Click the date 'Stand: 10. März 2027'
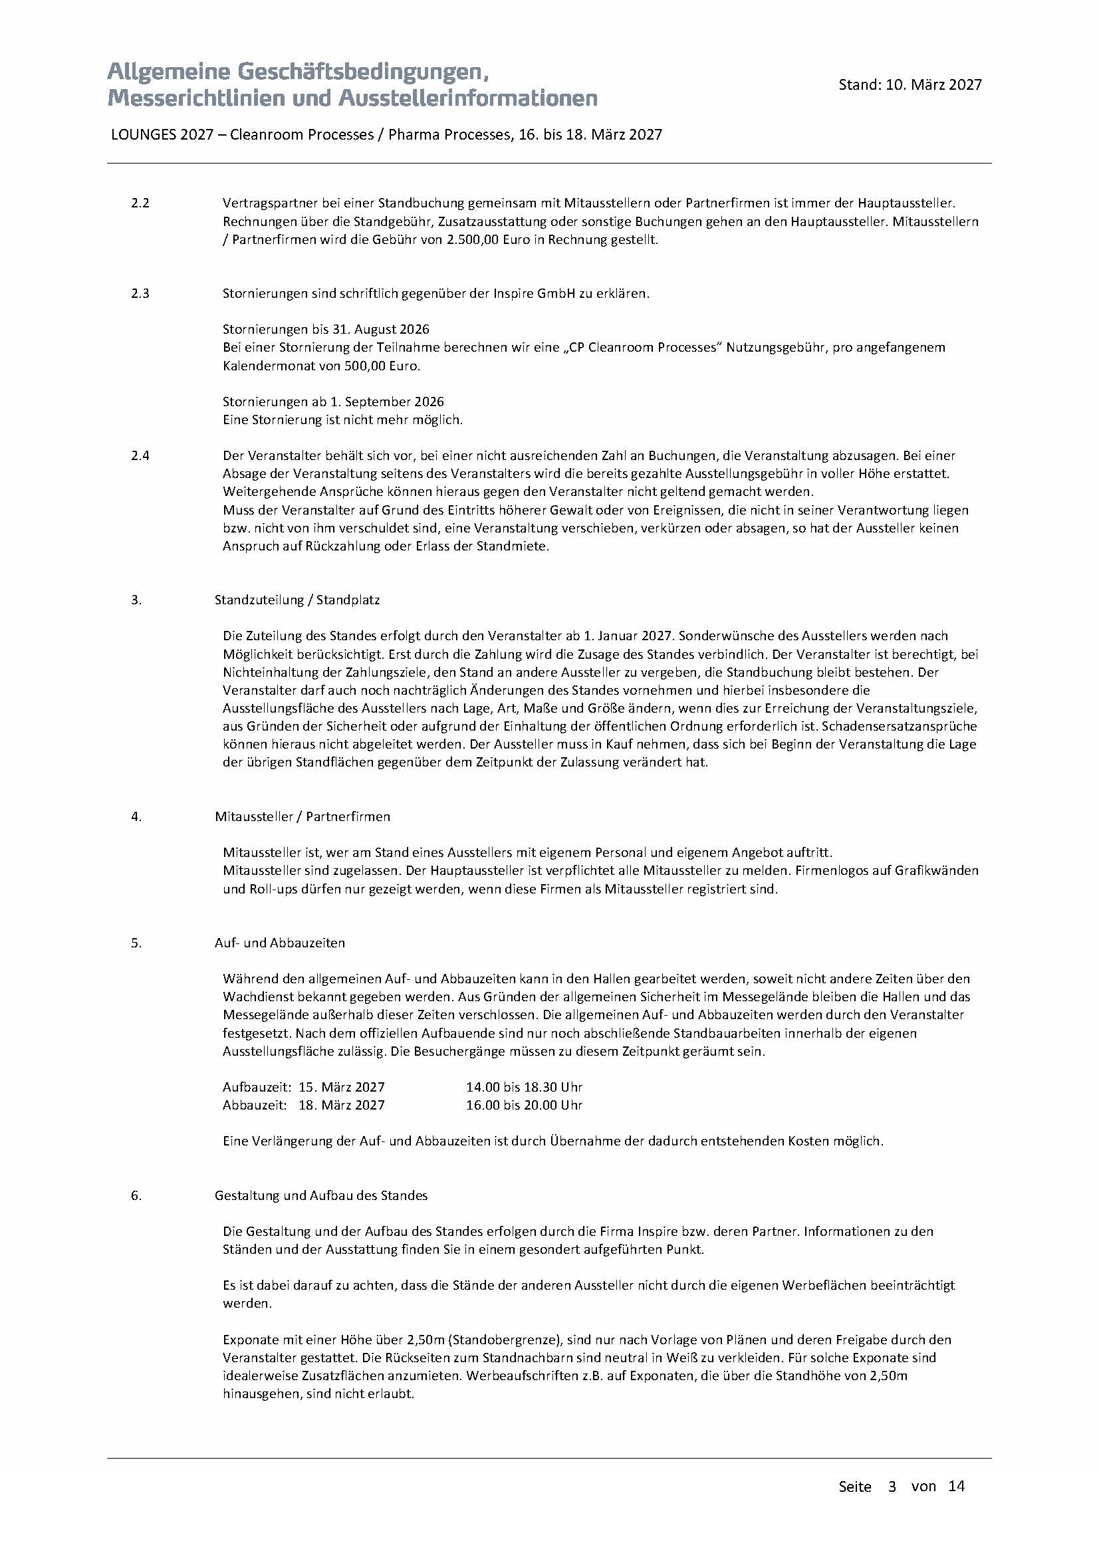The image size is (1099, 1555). pyautogui.click(x=910, y=84)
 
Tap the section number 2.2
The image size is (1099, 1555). pyautogui.click(x=140, y=203)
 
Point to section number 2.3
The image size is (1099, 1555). pyautogui.click(x=140, y=294)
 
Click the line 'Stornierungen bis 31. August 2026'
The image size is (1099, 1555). pyautogui.click(x=326, y=329)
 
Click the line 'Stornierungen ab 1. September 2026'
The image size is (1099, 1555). pyautogui.click(x=333, y=402)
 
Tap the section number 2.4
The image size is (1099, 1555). pyautogui.click(x=140, y=456)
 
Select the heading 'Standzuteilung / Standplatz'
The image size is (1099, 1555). pyautogui.click(x=297, y=600)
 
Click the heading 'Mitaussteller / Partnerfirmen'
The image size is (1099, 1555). pyautogui.click(x=302, y=817)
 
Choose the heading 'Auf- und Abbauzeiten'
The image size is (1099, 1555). pyautogui.click(x=280, y=943)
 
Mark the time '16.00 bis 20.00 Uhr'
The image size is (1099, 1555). pyautogui.click(x=524, y=1106)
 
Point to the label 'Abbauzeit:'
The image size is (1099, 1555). pyautogui.click(x=257, y=1106)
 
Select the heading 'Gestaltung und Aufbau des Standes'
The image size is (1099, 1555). pyautogui.click(x=321, y=1195)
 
